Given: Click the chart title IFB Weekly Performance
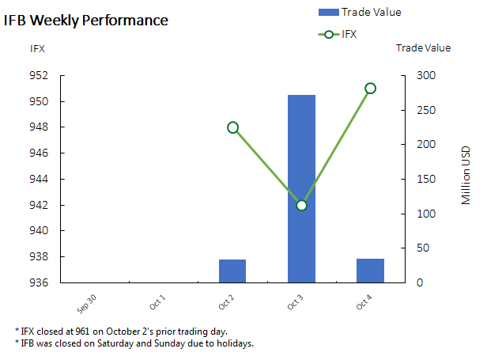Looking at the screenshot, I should click(x=86, y=21).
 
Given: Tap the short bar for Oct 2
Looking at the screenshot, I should click(x=232, y=271).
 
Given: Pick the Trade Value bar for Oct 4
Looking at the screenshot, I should click(x=370, y=271).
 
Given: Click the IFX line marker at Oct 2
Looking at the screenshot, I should click(x=232, y=127).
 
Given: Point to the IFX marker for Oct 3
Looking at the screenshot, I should click(x=301, y=206).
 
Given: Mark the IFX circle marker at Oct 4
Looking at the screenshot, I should click(x=370, y=88).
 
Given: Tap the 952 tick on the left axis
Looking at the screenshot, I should click(x=39, y=76).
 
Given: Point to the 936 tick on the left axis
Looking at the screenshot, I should click(x=39, y=282).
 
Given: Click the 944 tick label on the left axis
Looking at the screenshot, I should click(x=39, y=180).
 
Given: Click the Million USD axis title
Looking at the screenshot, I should click(x=466, y=175).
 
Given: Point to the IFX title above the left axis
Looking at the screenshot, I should click(x=37, y=48).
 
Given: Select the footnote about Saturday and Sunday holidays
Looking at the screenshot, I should click(x=134, y=343).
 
